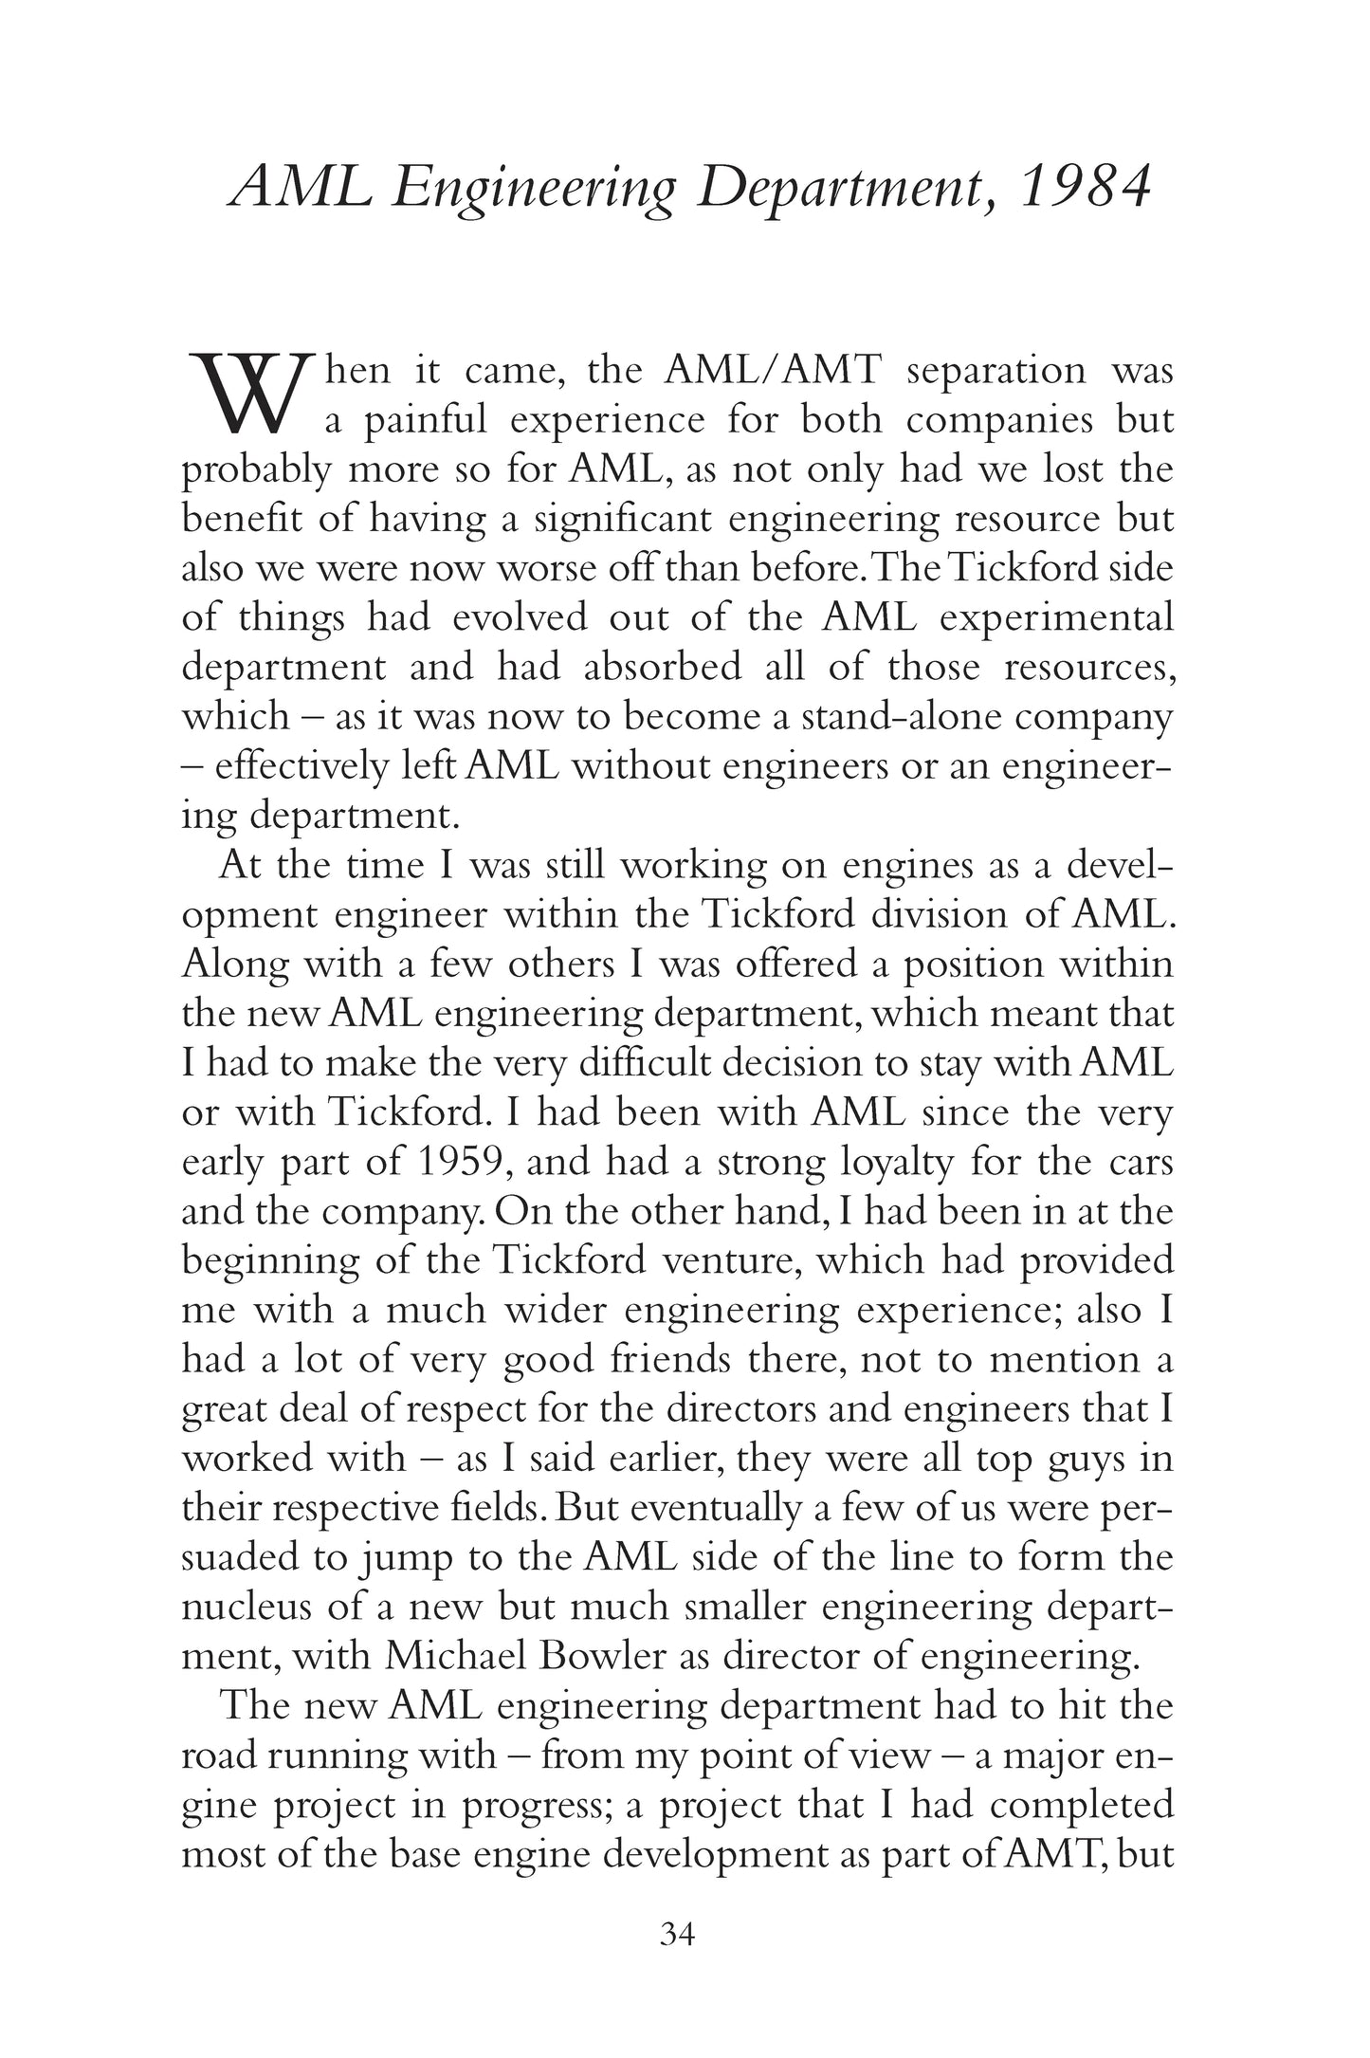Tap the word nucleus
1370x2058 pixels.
[x=240, y=1607]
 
